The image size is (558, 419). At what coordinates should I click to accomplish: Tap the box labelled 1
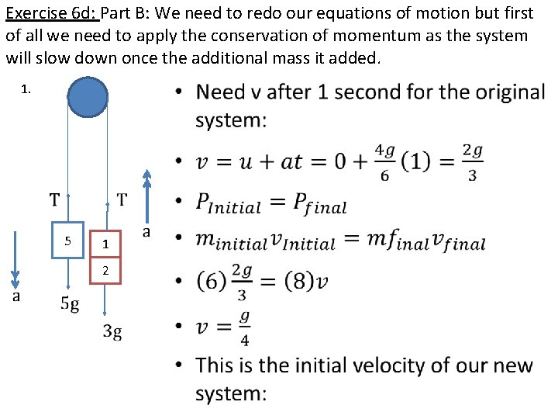click(106, 244)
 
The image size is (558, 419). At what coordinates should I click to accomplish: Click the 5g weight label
click(70, 304)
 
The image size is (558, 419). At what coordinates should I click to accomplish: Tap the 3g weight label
click(113, 332)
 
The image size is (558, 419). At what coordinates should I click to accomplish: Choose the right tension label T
click(122, 200)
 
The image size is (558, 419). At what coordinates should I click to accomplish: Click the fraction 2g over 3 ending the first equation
click(473, 161)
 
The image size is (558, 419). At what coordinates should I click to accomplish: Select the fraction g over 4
click(244, 327)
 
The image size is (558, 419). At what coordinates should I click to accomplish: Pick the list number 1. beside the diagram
click(26, 89)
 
